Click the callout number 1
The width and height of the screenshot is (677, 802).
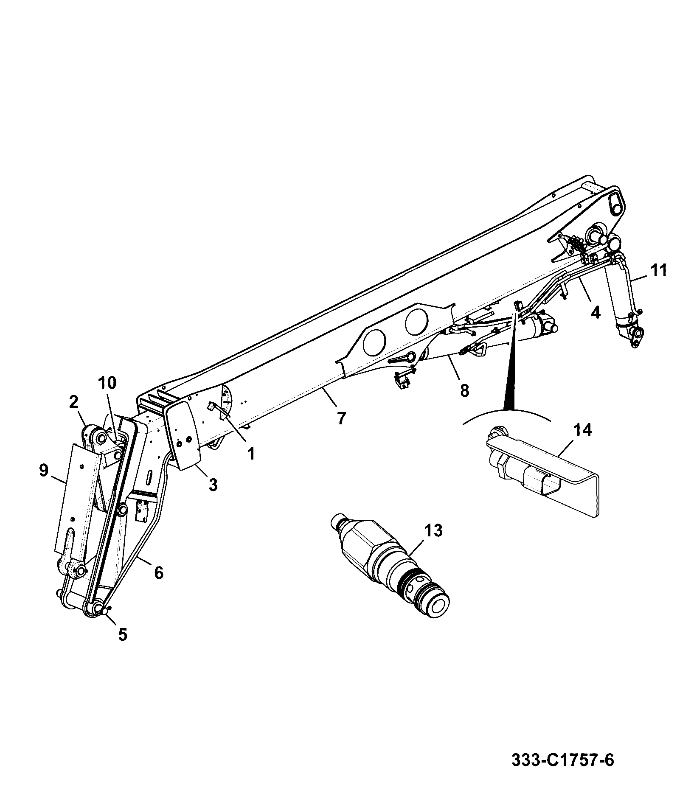tap(251, 454)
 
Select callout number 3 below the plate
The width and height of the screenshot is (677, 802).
tap(213, 484)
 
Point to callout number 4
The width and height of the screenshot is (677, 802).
tap(596, 312)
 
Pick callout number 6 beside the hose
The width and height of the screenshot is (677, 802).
tap(158, 573)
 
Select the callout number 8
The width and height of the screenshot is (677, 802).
tap(465, 390)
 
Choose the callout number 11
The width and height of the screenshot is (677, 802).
tap(658, 270)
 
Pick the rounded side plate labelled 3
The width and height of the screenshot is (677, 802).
tap(184, 433)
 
